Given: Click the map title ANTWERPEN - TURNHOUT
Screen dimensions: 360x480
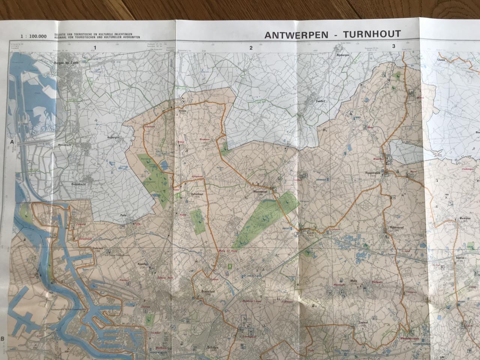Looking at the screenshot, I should click(x=332, y=34).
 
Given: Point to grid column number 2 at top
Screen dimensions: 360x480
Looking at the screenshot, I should click(x=251, y=48).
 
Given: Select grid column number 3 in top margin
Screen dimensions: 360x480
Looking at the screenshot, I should click(x=393, y=46).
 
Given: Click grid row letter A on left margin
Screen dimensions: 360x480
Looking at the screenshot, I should click(x=12, y=142).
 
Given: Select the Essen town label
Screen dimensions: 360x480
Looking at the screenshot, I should click(x=183, y=111).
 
